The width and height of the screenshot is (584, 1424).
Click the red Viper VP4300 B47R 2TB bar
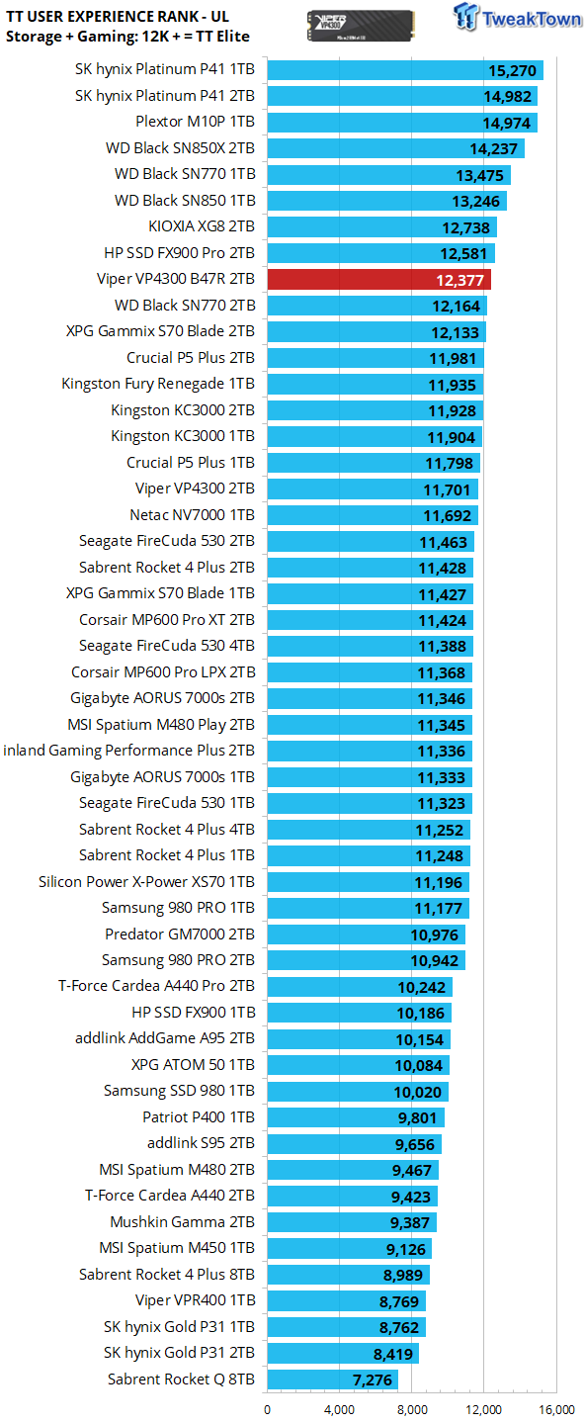(x=378, y=280)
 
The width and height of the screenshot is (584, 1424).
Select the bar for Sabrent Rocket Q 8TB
(x=332, y=1379)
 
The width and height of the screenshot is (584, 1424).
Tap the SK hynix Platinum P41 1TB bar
(x=405, y=70)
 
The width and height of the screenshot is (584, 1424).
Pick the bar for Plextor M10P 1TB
(x=402, y=122)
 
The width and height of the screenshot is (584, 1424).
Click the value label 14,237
(x=494, y=148)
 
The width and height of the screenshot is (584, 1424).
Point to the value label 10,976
(x=434, y=934)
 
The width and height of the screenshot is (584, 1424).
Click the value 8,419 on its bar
(x=393, y=1354)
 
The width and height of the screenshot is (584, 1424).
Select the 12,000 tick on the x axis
(x=483, y=1410)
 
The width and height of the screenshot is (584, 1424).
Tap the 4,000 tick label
(x=339, y=1410)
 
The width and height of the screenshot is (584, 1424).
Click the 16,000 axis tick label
(x=556, y=1410)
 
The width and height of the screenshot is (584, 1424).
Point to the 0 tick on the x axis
(x=267, y=1410)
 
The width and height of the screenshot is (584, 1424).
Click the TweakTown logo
(x=517, y=18)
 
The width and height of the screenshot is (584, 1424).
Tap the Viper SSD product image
(x=361, y=26)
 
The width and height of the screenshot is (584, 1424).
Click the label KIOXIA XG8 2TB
(x=202, y=226)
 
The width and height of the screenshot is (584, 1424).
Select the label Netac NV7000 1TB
(x=192, y=515)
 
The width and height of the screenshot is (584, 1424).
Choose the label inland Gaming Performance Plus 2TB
(x=129, y=751)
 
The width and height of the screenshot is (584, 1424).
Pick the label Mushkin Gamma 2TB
(x=183, y=1222)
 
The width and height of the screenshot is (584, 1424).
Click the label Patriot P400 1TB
(x=199, y=1117)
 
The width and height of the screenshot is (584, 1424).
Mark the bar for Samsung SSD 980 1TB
(x=358, y=1092)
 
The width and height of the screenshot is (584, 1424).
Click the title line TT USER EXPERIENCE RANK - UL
(x=118, y=17)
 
